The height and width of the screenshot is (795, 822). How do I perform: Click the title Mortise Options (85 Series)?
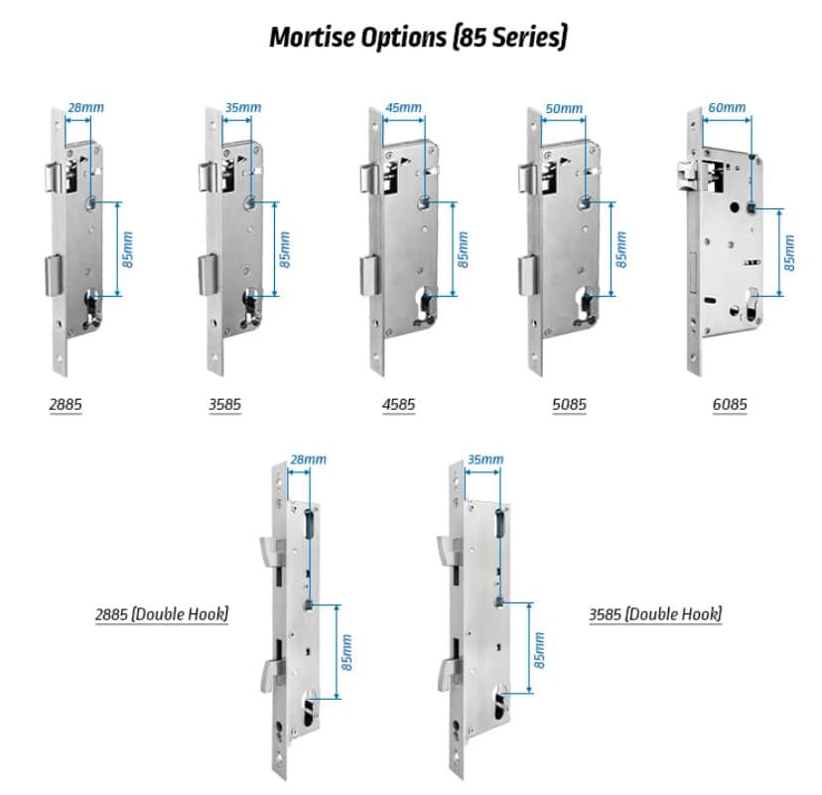[x=418, y=37]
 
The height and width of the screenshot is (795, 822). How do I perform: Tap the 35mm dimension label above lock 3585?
[x=243, y=107]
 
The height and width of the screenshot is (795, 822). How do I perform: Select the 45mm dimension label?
[x=403, y=107]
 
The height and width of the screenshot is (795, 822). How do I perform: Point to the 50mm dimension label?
[x=565, y=107]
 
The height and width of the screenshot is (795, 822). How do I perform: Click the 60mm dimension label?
[x=729, y=107]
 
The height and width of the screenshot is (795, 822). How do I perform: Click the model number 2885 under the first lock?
[x=66, y=405]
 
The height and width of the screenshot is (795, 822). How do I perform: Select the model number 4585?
[x=399, y=405]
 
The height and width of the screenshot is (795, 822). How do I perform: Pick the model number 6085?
[x=729, y=405]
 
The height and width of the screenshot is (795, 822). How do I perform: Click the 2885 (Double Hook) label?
[x=162, y=614]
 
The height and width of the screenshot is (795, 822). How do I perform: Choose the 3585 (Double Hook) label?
[x=655, y=614]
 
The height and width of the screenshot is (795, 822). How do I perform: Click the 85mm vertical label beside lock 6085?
[x=789, y=252]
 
